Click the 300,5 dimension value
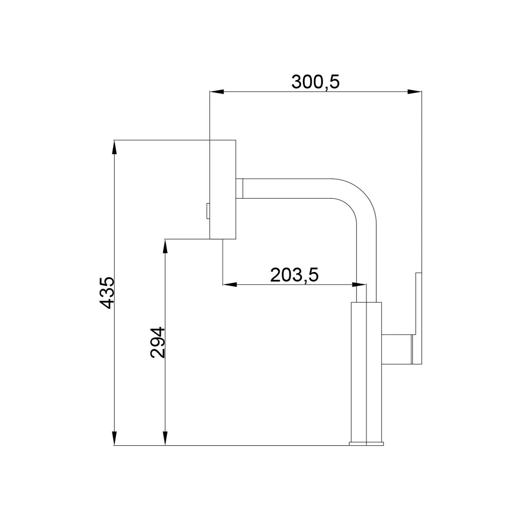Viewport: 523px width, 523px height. click(x=315, y=82)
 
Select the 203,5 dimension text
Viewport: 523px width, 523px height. click(x=295, y=275)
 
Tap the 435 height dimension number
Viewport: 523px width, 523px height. click(x=106, y=292)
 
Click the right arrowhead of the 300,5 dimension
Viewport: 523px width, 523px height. click(x=415, y=92)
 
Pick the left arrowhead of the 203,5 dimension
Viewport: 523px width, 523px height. click(x=230, y=285)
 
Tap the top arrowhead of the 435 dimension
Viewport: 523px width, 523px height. click(x=115, y=147)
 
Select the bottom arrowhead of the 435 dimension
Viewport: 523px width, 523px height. click(x=115, y=438)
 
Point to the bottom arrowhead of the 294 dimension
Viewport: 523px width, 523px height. click(x=165, y=438)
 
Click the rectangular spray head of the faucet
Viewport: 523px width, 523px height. click(x=223, y=189)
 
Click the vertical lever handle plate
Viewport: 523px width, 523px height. click(x=418, y=318)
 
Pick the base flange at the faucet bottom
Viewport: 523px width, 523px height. click(x=366, y=444)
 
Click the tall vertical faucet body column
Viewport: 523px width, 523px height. click(x=366, y=370)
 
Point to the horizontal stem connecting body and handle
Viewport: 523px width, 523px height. click(x=397, y=349)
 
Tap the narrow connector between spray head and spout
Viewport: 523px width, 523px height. click(x=239, y=188)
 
